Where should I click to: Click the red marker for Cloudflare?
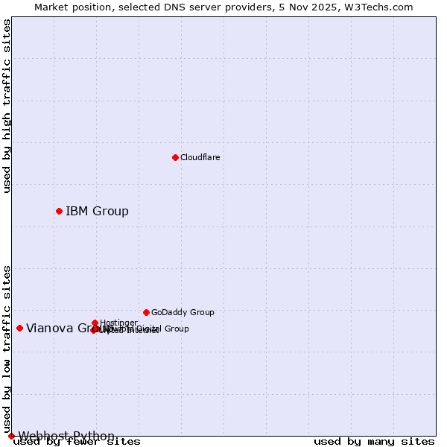click(x=175, y=157)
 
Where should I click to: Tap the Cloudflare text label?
click(x=200, y=157)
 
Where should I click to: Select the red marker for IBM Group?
click(x=59, y=211)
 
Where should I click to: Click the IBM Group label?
click(x=97, y=211)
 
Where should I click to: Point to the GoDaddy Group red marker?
click(x=146, y=312)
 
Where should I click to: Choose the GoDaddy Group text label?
click(x=183, y=312)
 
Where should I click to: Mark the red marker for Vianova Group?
click(x=19, y=328)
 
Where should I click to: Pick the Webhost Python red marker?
click(x=11, y=436)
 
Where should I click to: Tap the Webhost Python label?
click(x=66, y=436)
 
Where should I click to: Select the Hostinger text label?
click(x=118, y=323)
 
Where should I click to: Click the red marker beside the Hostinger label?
click(x=95, y=323)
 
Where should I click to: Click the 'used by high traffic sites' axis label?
click(x=7, y=106)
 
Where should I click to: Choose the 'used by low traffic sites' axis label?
click(x=7, y=349)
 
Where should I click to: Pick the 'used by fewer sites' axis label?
click(x=77, y=442)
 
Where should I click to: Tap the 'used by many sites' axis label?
click(x=374, y=442)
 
